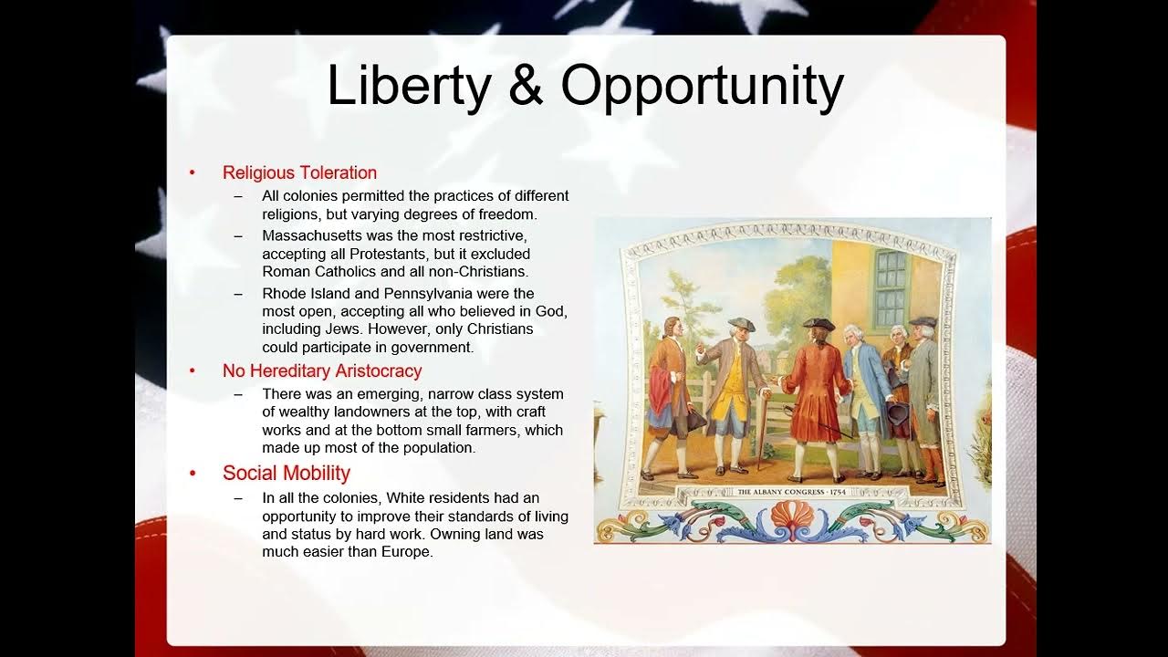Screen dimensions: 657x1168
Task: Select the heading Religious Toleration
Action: tap(299, 172)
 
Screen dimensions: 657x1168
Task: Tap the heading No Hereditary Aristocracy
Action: tap(322, 370)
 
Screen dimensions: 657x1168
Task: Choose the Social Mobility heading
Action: tap(287, 473)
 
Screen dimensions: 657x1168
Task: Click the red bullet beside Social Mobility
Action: tap(193, 474)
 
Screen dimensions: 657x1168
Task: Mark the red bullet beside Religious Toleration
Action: tap(193, 173)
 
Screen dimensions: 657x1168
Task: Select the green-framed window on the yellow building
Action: tap(891, 287)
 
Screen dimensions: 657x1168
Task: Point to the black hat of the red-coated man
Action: tap(819, 324)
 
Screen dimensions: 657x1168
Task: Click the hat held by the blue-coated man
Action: tap(898, 415)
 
